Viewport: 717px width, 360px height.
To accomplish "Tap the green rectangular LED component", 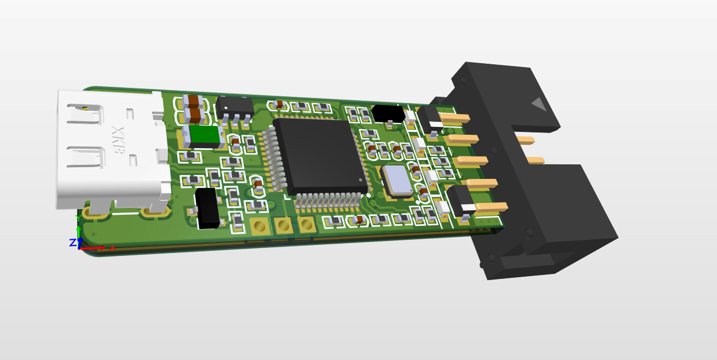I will [x=202, y=136].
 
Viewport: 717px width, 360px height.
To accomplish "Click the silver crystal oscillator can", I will [x=398, y=181].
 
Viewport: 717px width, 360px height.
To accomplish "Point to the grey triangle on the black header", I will [x=539, y=104].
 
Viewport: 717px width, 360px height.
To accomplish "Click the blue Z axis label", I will [x=72, y=243].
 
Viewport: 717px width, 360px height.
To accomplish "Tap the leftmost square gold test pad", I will [x=259, y=226].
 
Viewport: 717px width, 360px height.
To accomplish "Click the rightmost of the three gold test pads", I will [x=306, y=225].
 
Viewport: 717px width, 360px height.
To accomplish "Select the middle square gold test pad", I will [x=283, y=226].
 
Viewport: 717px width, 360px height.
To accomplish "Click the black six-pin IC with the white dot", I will [x=235, y=106].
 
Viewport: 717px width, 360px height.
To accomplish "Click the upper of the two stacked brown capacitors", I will [x=194, y=101].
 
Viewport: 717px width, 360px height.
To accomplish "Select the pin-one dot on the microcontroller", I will [x=360, y=180].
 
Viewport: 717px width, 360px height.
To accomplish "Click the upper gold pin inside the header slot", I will [x=525, y=140].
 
